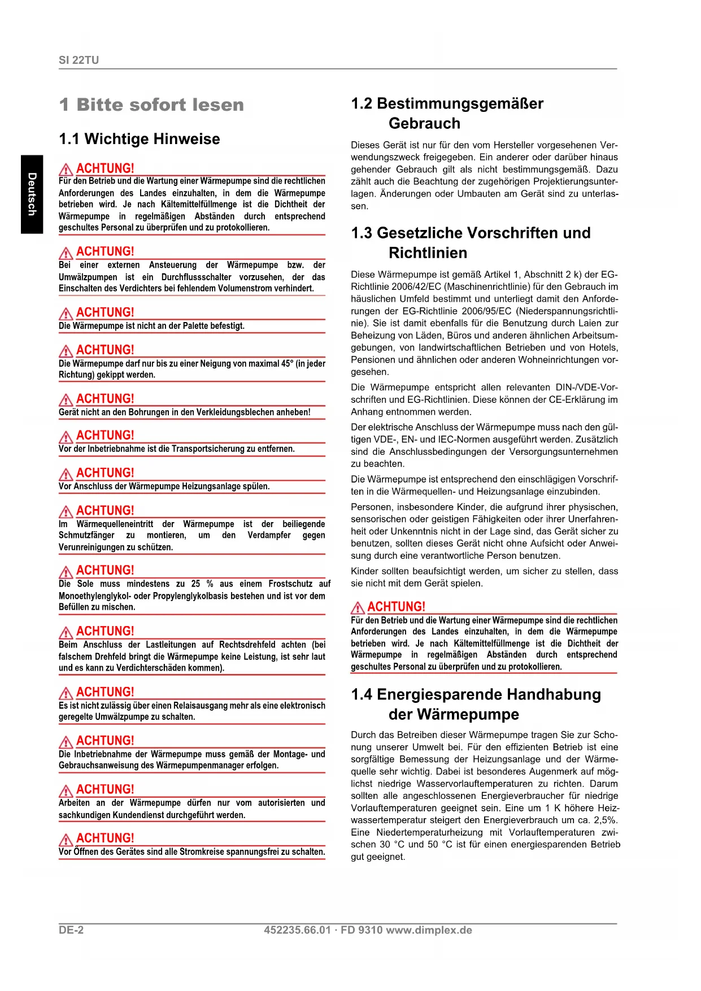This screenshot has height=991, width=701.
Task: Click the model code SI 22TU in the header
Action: point(79,60)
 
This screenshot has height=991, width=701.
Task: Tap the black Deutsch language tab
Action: point(32,194)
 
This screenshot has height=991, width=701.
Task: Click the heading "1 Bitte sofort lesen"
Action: point(151,105)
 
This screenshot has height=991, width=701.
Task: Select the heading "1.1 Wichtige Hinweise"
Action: point(139,139)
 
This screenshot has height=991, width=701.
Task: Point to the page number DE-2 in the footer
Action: point(71,930)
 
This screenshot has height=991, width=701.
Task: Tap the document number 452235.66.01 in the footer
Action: point(297,930)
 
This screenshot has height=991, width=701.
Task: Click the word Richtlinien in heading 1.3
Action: point(428,253)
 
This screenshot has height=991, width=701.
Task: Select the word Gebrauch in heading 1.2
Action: point(424,123)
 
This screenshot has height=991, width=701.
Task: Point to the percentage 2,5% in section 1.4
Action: point(606,820)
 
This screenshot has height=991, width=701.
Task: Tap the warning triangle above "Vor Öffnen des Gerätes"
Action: point(66,839)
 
